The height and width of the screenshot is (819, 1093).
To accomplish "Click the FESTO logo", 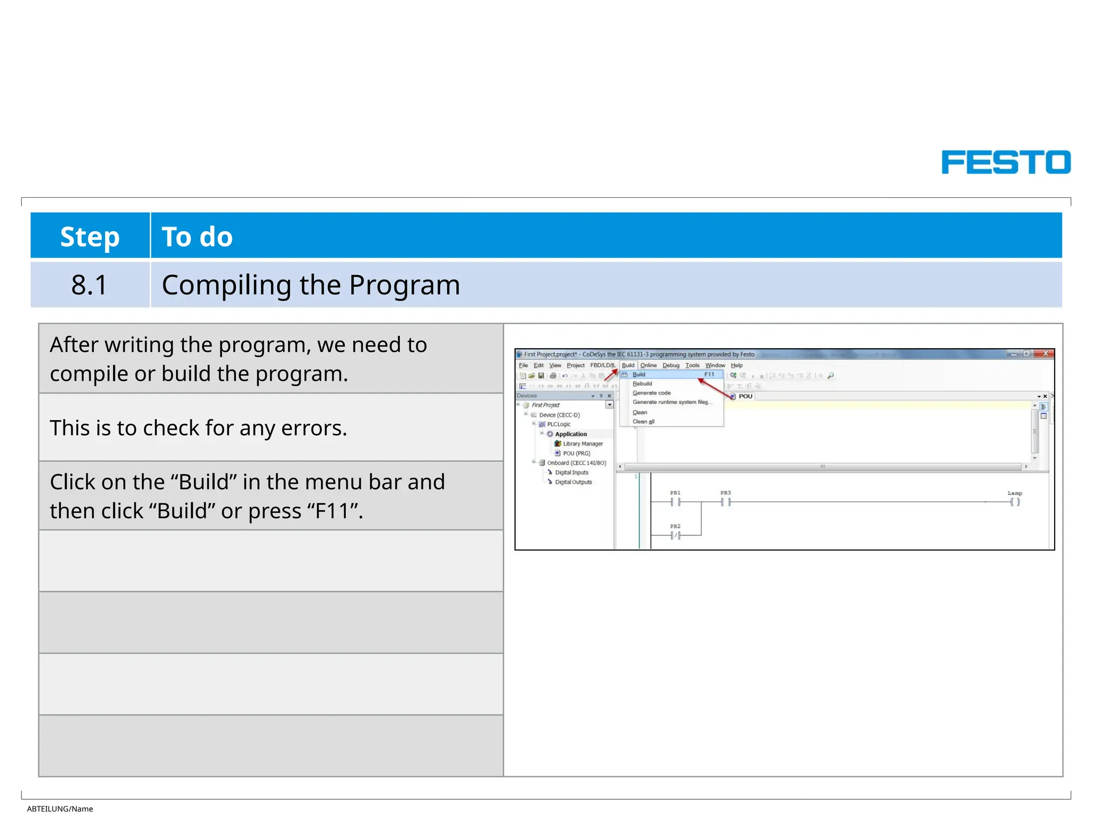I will click(1005, 162).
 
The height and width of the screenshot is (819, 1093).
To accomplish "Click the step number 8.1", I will click(89, 285).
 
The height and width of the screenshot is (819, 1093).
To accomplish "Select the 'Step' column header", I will click(90, 236).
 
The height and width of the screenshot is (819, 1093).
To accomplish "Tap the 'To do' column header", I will click(197, 236).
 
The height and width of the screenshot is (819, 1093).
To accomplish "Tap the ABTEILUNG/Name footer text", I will click(60, 809).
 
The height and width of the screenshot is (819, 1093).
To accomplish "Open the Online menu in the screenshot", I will click(648, 365).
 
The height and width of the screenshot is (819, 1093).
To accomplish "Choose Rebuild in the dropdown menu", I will click(642, 383).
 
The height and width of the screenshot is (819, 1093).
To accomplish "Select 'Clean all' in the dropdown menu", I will click(643, 422).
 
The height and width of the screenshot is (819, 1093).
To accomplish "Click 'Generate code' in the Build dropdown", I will click(651, 393).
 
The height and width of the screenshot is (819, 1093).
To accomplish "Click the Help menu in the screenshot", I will click(736, 365).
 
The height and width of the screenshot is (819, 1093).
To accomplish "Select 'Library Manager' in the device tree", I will click(582, 444).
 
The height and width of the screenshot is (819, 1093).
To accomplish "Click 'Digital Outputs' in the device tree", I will click(573, 482).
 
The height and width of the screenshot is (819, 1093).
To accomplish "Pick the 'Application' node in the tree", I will click(571, 434).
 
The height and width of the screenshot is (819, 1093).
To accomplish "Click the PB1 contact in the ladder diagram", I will click(676, 502).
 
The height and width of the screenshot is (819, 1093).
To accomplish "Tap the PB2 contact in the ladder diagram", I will click(676, 535).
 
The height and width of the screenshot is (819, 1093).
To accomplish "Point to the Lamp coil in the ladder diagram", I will click(1015, 502).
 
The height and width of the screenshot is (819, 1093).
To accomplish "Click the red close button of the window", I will click(1045, 354).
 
